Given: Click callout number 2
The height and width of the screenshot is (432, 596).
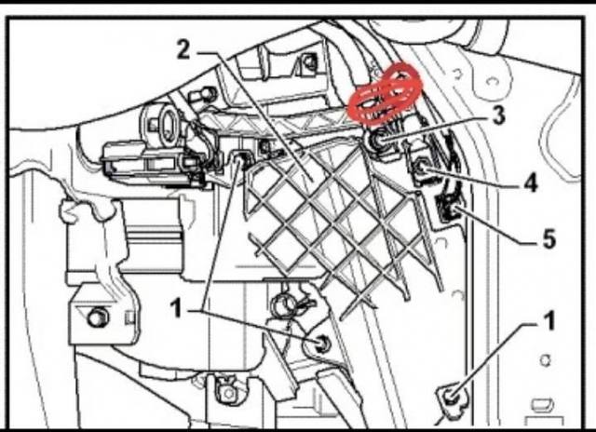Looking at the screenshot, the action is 183,49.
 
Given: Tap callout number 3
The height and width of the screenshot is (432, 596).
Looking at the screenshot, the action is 498,115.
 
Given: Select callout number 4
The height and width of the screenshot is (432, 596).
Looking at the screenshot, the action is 531,182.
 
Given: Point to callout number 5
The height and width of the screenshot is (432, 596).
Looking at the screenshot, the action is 549,238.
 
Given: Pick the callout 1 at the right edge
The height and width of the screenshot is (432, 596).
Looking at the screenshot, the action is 549,320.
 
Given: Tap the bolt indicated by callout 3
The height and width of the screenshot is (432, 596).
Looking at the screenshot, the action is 376,142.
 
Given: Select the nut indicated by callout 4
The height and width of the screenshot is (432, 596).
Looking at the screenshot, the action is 421,168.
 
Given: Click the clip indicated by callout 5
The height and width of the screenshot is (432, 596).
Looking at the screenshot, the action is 449,209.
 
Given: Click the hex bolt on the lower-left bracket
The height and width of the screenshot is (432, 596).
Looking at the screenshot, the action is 98,317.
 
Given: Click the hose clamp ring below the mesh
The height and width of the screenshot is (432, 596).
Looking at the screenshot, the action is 285,302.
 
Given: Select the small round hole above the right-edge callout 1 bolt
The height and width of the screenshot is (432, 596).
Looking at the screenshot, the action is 546,359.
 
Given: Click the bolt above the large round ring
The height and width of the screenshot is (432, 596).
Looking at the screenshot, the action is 207,93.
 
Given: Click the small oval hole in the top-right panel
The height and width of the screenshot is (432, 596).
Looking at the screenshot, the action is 493,82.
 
